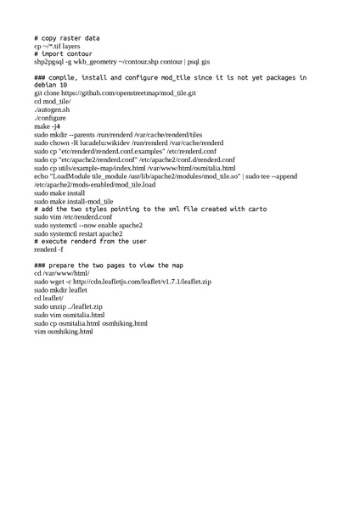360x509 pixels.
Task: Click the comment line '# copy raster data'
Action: point(67,38)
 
